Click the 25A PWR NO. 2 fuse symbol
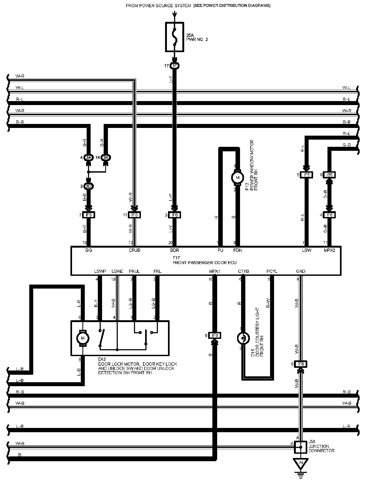pyautogui.click(x=174, y=37)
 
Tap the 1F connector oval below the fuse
pyautogui.click(x=174, y=66)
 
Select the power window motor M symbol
pyautogui.click(x=238, y=178)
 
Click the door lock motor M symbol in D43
pyautogui.click(x=83, y=338)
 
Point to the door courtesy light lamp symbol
pyautogui.click(x=243, y=338)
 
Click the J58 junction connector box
pyautogui.click(x=301, y=447)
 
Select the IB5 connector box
pyautogui.click(x=329, y=175)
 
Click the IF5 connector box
pyautogui.click(x=307, y=175)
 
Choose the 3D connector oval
pyautogui.click(x=89, y=186)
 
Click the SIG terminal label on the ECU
pyautogui.click(x=89, y=250)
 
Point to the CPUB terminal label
pyautogui.click(x=134, y=250)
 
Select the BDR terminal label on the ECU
pyautogui.click(x=175, y=250)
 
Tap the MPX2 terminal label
pyautogui.click(x=329, y=250)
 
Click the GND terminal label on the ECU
pyautogui.click(x=301, y=271)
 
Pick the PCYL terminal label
pyautogui.click(x=272, y=271)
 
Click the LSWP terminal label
pyautogui.click(x=100, y=271)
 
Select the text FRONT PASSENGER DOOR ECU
pyautogui.click(x=204, y=263)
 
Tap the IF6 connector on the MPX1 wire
pyautogui.click(x=215, y=335)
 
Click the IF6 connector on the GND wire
pyautogui.click(x=301, y=364)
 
